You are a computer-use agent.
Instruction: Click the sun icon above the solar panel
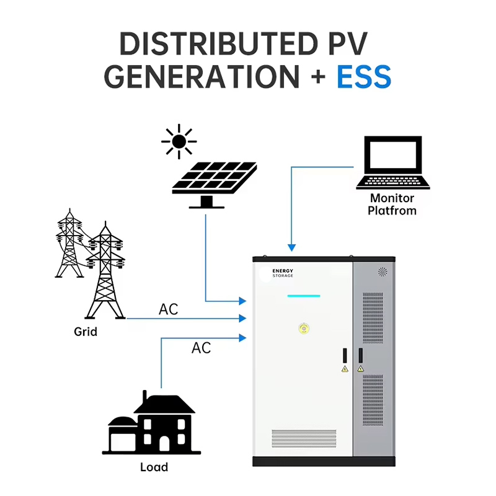point(179,142)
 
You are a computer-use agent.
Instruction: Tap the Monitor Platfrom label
point(392,205)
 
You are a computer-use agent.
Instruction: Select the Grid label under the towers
point(86,332)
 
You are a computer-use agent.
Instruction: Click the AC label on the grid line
point(169,309)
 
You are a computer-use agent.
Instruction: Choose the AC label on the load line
point(201,348)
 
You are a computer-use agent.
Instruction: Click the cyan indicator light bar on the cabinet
point(304,296)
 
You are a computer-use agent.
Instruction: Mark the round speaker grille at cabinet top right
point(383,272)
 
